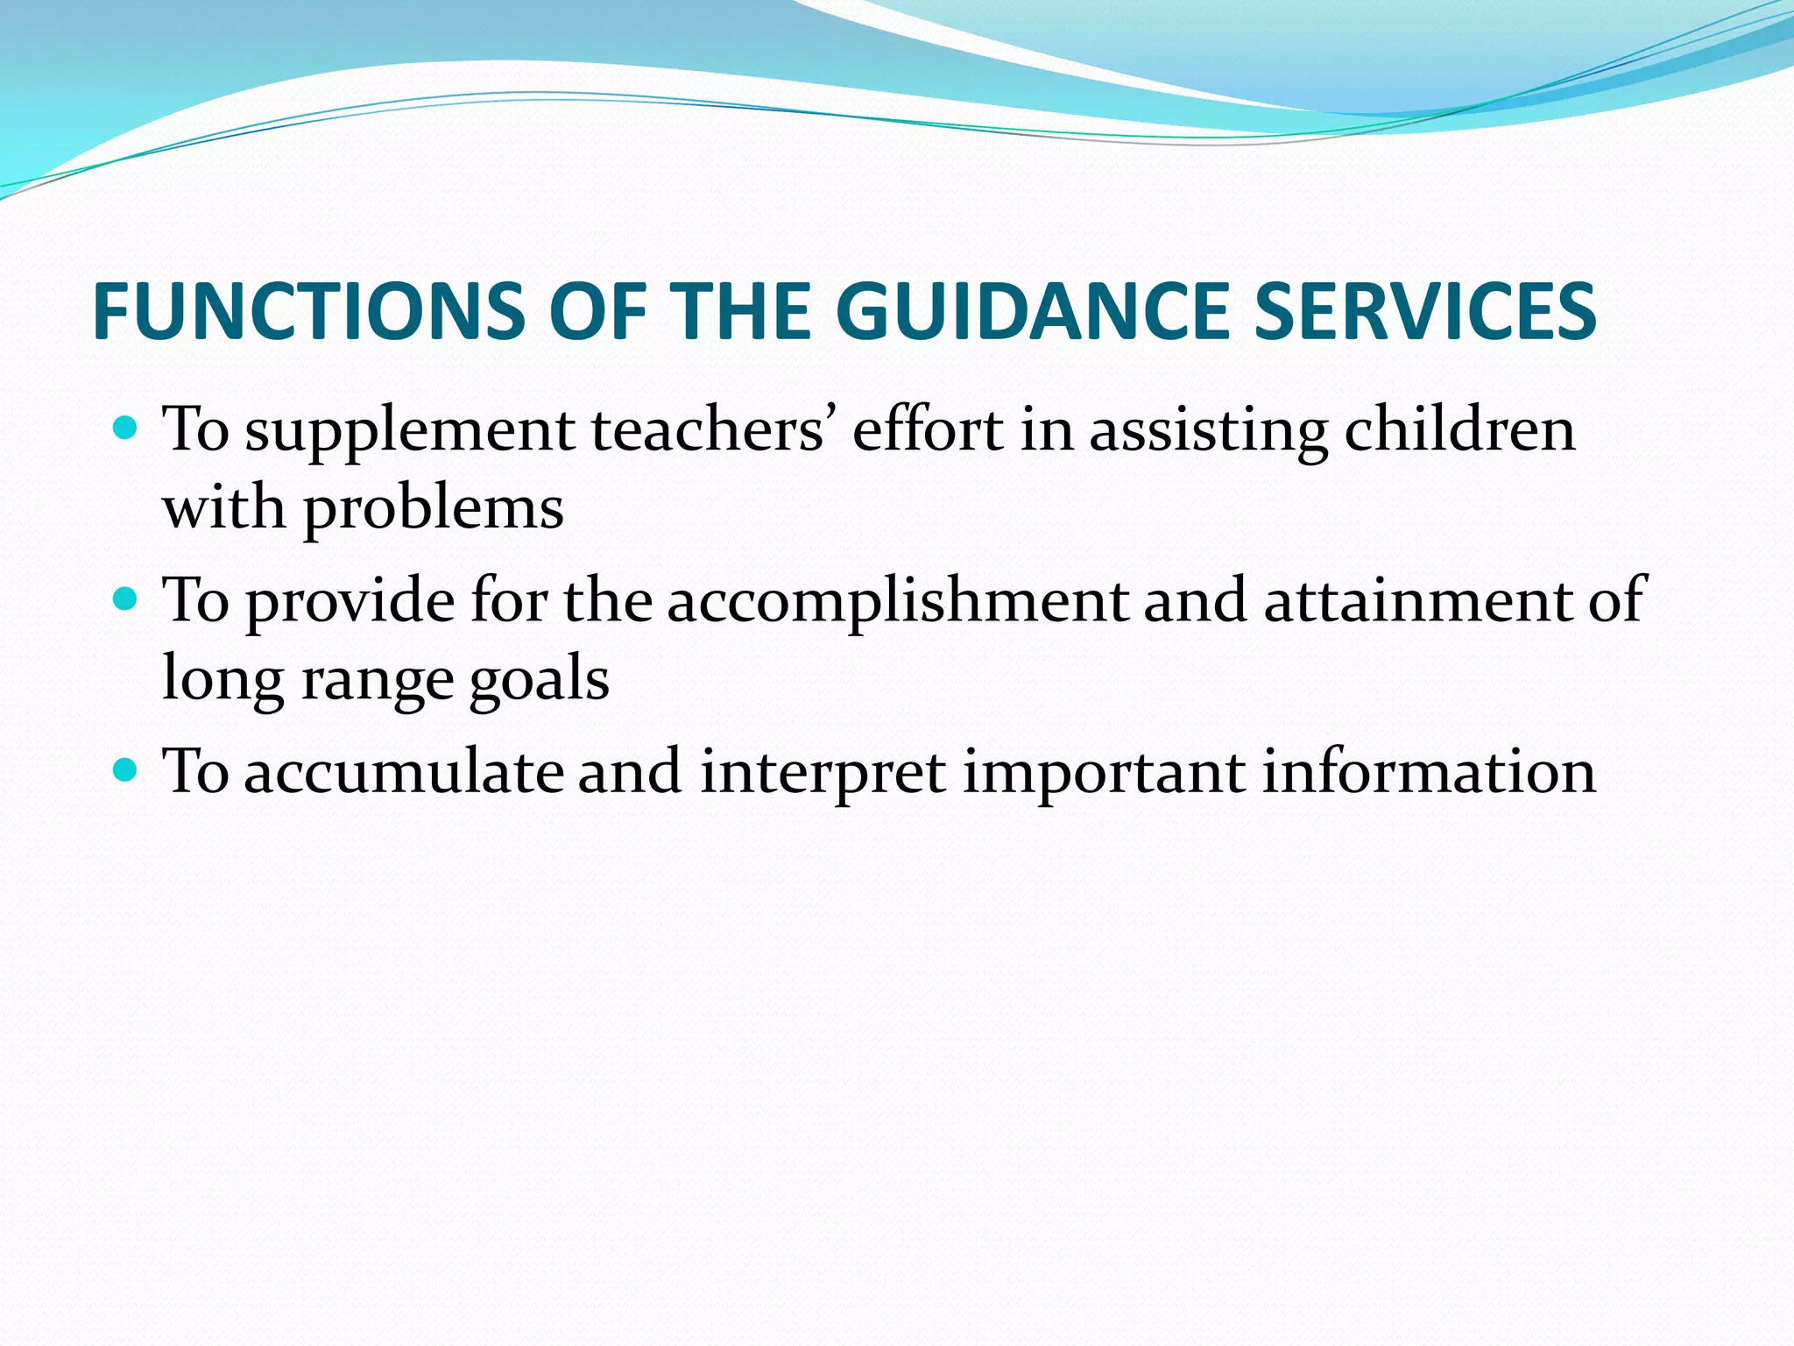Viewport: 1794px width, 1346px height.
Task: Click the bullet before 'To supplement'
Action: click(126, 429)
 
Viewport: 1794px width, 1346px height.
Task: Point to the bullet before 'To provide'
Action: click(126, 599)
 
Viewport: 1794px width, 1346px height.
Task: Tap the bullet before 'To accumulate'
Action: click(126, 770)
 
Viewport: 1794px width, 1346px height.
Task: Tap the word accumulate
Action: click(404, 773)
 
